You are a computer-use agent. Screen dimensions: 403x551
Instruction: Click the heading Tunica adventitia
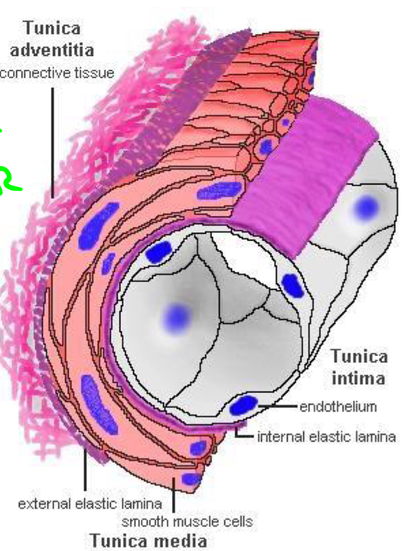[52, 39]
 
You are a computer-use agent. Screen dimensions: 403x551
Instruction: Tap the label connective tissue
[57, 72]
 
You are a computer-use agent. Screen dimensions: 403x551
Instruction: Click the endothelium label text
[338, 407]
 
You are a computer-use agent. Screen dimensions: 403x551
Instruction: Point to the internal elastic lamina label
[326, 437]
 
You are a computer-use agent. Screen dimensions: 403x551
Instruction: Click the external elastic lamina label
[90, 503]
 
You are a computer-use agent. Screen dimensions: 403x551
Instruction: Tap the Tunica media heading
[148, 540]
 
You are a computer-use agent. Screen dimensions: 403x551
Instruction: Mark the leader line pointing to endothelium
[278, 407]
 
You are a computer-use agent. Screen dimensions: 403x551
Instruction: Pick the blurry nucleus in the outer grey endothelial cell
[365, 207]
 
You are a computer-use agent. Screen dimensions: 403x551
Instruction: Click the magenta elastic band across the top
[305, 174]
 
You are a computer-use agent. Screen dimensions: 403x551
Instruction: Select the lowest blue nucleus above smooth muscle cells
[191, 480]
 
